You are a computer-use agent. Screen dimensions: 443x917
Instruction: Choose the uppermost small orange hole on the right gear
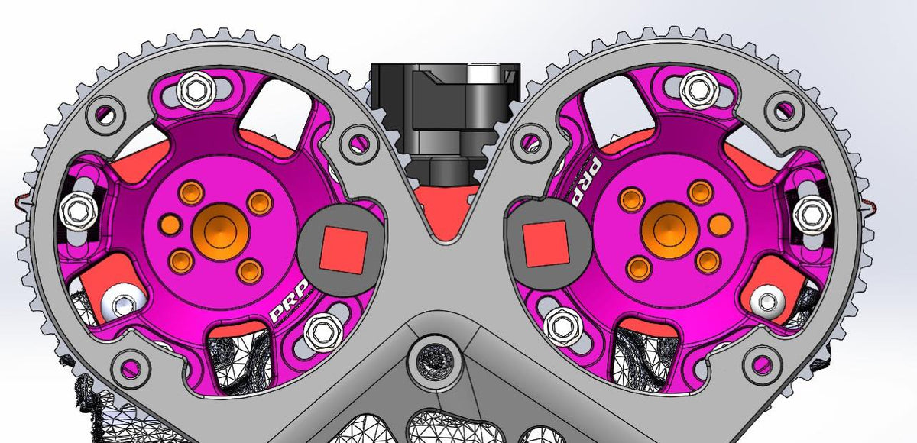click(698, 191)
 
